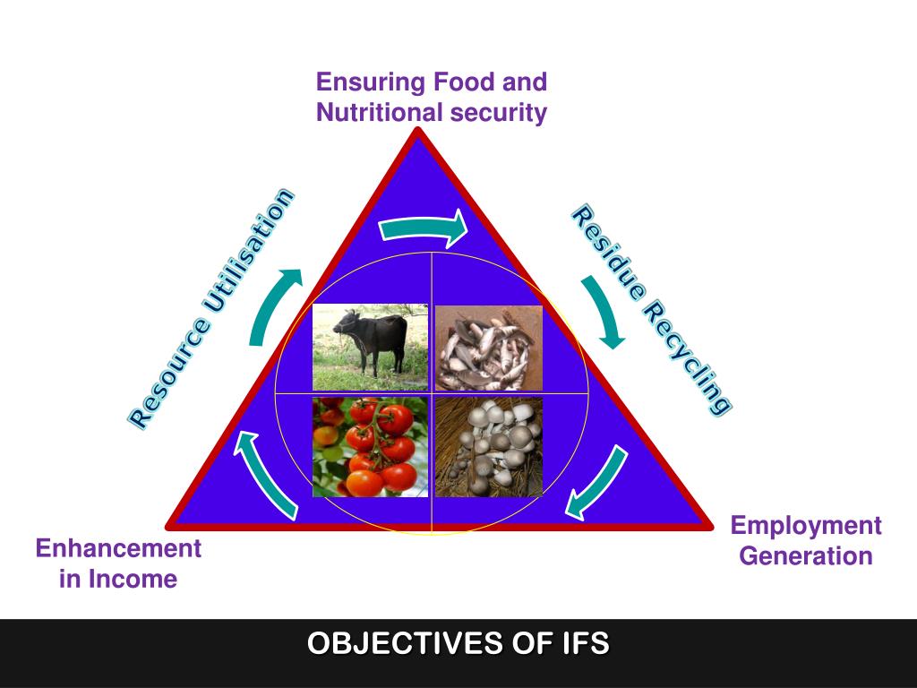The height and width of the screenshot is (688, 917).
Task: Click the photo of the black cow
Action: [370, 347]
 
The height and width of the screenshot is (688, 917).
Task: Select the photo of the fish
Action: [488, 348]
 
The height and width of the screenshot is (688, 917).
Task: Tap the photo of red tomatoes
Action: [370, 447]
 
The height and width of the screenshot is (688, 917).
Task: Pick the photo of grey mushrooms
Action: [488, 447]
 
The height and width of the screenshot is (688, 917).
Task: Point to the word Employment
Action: [806, 526]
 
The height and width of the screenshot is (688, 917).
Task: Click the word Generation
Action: [806, 556]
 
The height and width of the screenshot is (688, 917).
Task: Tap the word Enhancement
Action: [118, 548]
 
